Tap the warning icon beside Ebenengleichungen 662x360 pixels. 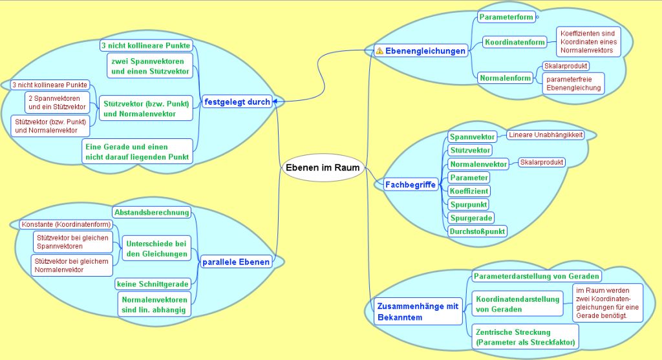click(379, 50)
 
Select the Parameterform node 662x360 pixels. click(506, 17)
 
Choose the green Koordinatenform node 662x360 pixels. click(515, 43)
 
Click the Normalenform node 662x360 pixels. click(506, 78)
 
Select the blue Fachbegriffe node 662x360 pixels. click(411, 185)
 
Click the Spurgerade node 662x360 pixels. click(471, 218)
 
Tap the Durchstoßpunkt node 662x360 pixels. click(478, 231)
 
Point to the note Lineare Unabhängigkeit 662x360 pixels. click(545, 135)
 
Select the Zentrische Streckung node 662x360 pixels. click(524, 337)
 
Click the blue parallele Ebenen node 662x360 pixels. click(235, 262)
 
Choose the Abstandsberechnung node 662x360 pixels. click(152, 212)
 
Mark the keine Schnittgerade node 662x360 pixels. click(153, 284)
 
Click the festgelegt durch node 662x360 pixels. click(236, 101)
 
